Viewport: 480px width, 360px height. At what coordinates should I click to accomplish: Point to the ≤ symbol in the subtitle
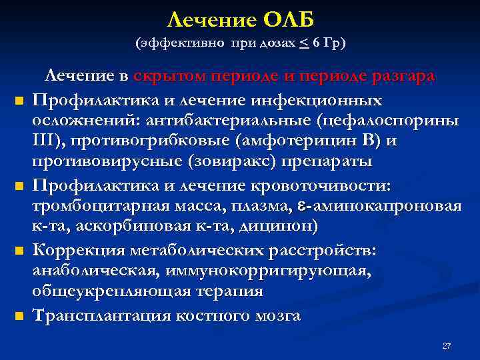point(304,43)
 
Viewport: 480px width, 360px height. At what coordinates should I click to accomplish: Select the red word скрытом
point(169,76)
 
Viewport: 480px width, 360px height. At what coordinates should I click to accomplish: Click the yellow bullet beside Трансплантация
point(20,315)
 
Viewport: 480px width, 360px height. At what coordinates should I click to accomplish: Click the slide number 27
point(447,346)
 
